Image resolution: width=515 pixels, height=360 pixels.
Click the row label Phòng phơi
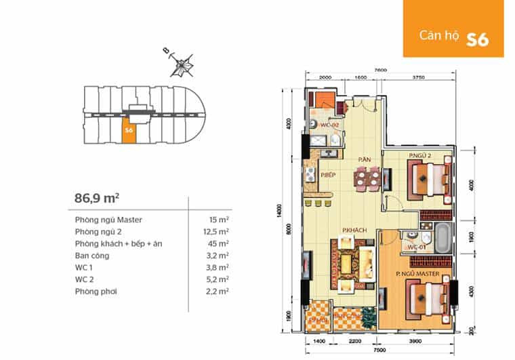96,291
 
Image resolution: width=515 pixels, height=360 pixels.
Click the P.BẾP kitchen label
329,174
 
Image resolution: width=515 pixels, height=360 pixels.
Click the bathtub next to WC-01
441,239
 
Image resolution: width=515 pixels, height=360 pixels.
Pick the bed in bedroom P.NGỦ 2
430,181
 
